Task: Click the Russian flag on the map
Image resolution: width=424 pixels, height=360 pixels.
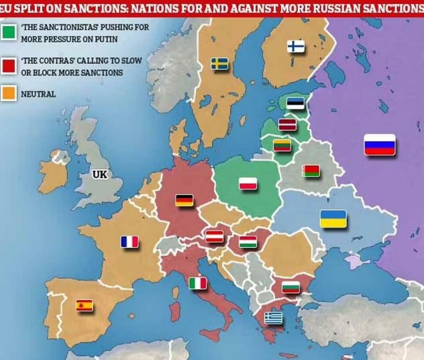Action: click(x=380, y=144)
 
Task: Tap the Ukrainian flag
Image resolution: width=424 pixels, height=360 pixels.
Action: click(x=333, y=219)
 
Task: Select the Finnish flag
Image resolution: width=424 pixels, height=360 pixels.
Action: click(x=296, y=46)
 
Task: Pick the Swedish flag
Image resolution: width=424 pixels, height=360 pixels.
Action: click(x=219, y=63)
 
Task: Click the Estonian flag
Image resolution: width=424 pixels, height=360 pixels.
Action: click(x=295, y=103)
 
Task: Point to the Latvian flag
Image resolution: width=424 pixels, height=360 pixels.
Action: click(x=287, y=124)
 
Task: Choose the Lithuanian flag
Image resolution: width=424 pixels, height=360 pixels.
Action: click(x=282, y=144)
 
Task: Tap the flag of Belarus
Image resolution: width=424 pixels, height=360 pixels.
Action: click(x=311, y=171)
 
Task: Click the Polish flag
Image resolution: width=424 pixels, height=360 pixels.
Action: click(x=249, y=184)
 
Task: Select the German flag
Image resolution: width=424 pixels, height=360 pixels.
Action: click(x=184, y=199)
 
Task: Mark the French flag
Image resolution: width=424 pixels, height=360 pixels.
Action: click(x=129, y=241)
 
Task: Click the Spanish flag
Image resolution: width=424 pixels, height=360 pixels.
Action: click(x=85, y=306)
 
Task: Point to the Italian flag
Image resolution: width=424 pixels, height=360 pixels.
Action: click(x=198, y=283)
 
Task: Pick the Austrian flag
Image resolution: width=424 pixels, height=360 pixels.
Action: click(x=214, y=236)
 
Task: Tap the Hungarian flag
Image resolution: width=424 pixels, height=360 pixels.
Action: click(x=248, y=241)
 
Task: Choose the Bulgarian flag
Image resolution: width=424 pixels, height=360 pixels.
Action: click(x=290, y=287)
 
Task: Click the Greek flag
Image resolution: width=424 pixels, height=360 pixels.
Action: click(x=273, y=317)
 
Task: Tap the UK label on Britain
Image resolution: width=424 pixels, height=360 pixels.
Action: click(x=100, y=175)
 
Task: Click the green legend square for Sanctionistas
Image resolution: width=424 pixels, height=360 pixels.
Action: click(x=9, y=32)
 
